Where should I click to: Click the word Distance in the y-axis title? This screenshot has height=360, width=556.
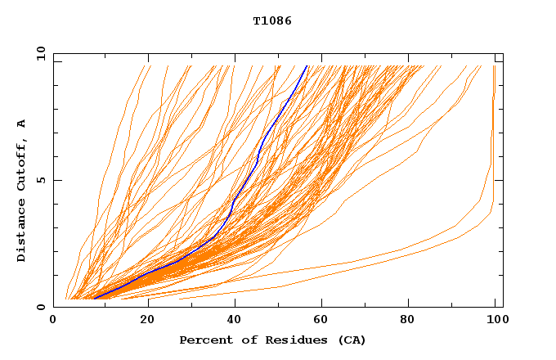22,232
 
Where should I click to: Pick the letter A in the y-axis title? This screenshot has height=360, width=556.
22,124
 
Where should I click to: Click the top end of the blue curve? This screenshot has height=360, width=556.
307,66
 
